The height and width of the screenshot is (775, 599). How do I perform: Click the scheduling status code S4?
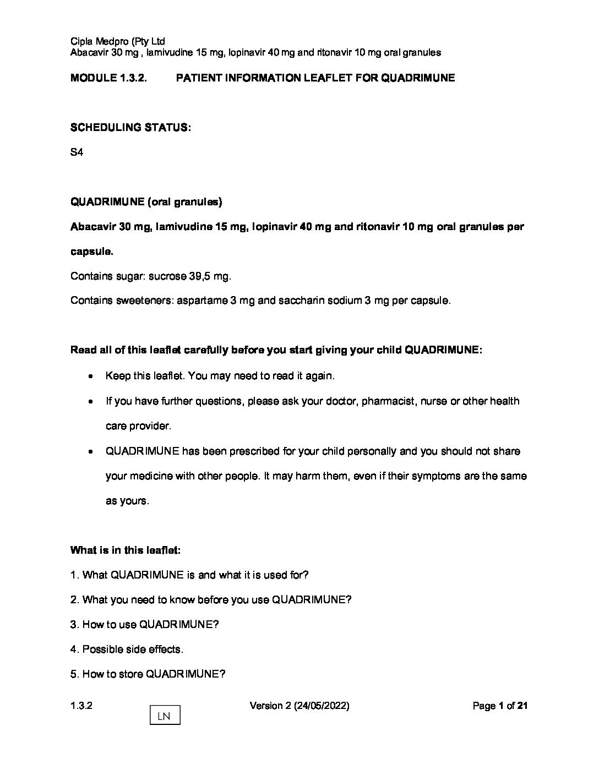pyautogui.click(x=77, y=152)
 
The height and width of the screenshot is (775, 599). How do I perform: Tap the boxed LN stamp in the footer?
pyautogui.click(x=165, y=716)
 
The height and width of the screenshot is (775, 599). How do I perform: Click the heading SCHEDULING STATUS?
pyautogui.click(x=131, y=128)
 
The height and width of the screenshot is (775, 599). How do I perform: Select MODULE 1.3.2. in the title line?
pyautogui.click(x=108, y=78)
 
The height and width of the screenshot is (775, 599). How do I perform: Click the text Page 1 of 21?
pyautogui.click(x=500, y=706)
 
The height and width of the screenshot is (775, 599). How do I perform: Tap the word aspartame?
pyautogui.click(x=197, y=301)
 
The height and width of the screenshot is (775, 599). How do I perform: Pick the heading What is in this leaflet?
pyautogui.click(x=126, y=550)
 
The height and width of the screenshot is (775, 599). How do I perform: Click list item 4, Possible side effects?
pyautogui.click(x=127, y=650)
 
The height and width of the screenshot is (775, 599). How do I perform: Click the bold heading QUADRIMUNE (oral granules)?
pyautogui.click(x=146, y=202)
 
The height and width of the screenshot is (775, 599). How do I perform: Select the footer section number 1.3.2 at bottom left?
pyautogui.click(x=81, y=706)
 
